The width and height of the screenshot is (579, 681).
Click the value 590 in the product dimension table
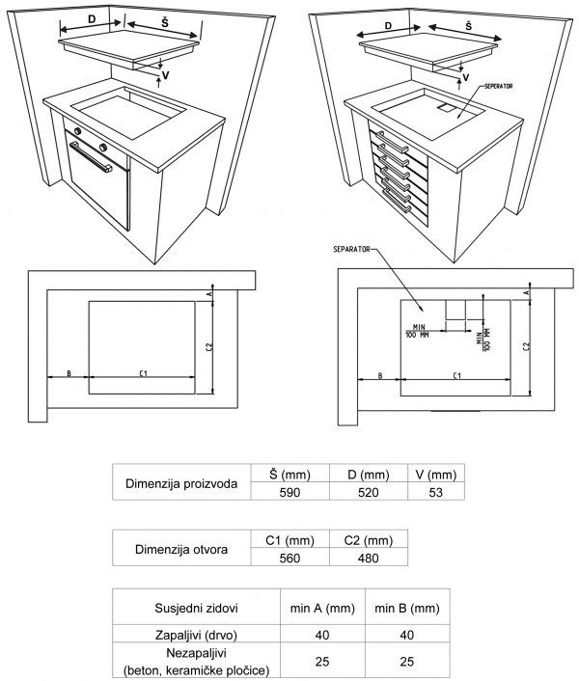pos(289,492)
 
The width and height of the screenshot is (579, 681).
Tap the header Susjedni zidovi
pos(197,608)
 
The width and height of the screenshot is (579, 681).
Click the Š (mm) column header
pos(289,474)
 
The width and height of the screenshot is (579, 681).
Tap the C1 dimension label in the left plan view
pos(142,372)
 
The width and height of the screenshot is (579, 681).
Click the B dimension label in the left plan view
pos(69,372)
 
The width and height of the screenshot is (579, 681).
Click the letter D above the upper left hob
pos(92,18)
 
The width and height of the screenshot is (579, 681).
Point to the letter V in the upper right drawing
pos(466,76)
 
